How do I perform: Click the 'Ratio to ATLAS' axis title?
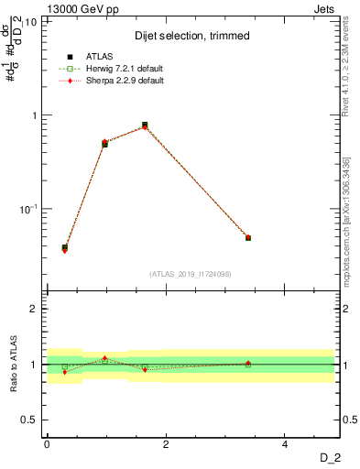point(14,364)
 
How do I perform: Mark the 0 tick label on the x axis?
point(47,445)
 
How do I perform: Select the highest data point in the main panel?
point(145,125)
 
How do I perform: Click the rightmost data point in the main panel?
point(248,238)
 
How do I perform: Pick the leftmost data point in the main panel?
point(64,248)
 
